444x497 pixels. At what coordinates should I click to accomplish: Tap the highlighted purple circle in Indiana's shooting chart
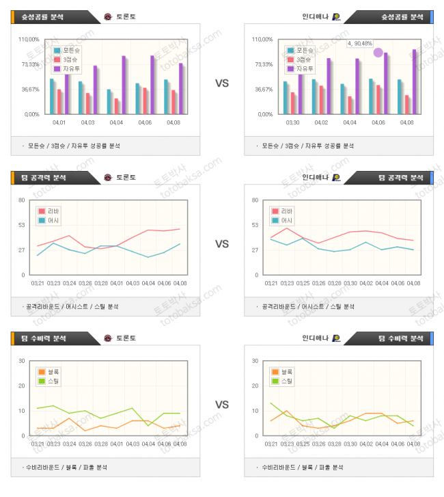pyautogui.click(x=378, y=52)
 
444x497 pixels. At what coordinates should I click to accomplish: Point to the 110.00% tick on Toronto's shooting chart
pyautogui.click(x=29, y=39)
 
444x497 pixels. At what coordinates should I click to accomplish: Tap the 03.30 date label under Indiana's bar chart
pyautogui.click(x=292, y=123)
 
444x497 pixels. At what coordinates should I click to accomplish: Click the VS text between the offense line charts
pyautogui.click(x=222, y=244)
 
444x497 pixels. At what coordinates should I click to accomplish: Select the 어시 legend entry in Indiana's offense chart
pyautogui.click(x=282, y=221)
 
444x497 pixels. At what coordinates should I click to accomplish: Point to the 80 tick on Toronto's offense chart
pyautogui.click(x=22, y=200)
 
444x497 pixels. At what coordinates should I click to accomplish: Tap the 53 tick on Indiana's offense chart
pyautogui.click(x=254, y=225)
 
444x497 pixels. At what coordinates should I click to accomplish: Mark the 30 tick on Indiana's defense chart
pyautogui.click(x=254, y=361)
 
